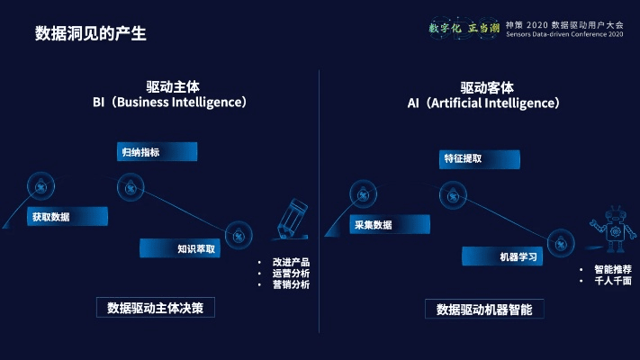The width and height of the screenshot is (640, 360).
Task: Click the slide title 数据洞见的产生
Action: [x=90, y=34]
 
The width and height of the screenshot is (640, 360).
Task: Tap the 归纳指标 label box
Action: [x=157, y=152]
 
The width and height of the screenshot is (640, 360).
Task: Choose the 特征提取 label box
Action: [x=478, y=159]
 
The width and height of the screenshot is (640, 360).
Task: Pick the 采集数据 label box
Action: [x=390, y=225]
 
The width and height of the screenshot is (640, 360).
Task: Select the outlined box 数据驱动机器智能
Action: [x=484, y=309]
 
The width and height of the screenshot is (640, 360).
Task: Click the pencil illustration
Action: [x=292, y=221]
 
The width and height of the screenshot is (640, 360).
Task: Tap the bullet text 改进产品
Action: [x=291, y=262]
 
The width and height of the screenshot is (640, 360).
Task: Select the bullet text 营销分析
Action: [x=291, y=284]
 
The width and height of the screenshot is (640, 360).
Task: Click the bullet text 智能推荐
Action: [x=612, y=269]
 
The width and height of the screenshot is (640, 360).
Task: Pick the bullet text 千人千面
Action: [x=612, y=281]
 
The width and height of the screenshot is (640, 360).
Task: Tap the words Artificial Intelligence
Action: [x=494, y=103]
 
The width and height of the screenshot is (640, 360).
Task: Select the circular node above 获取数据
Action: [x=41, y=186]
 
